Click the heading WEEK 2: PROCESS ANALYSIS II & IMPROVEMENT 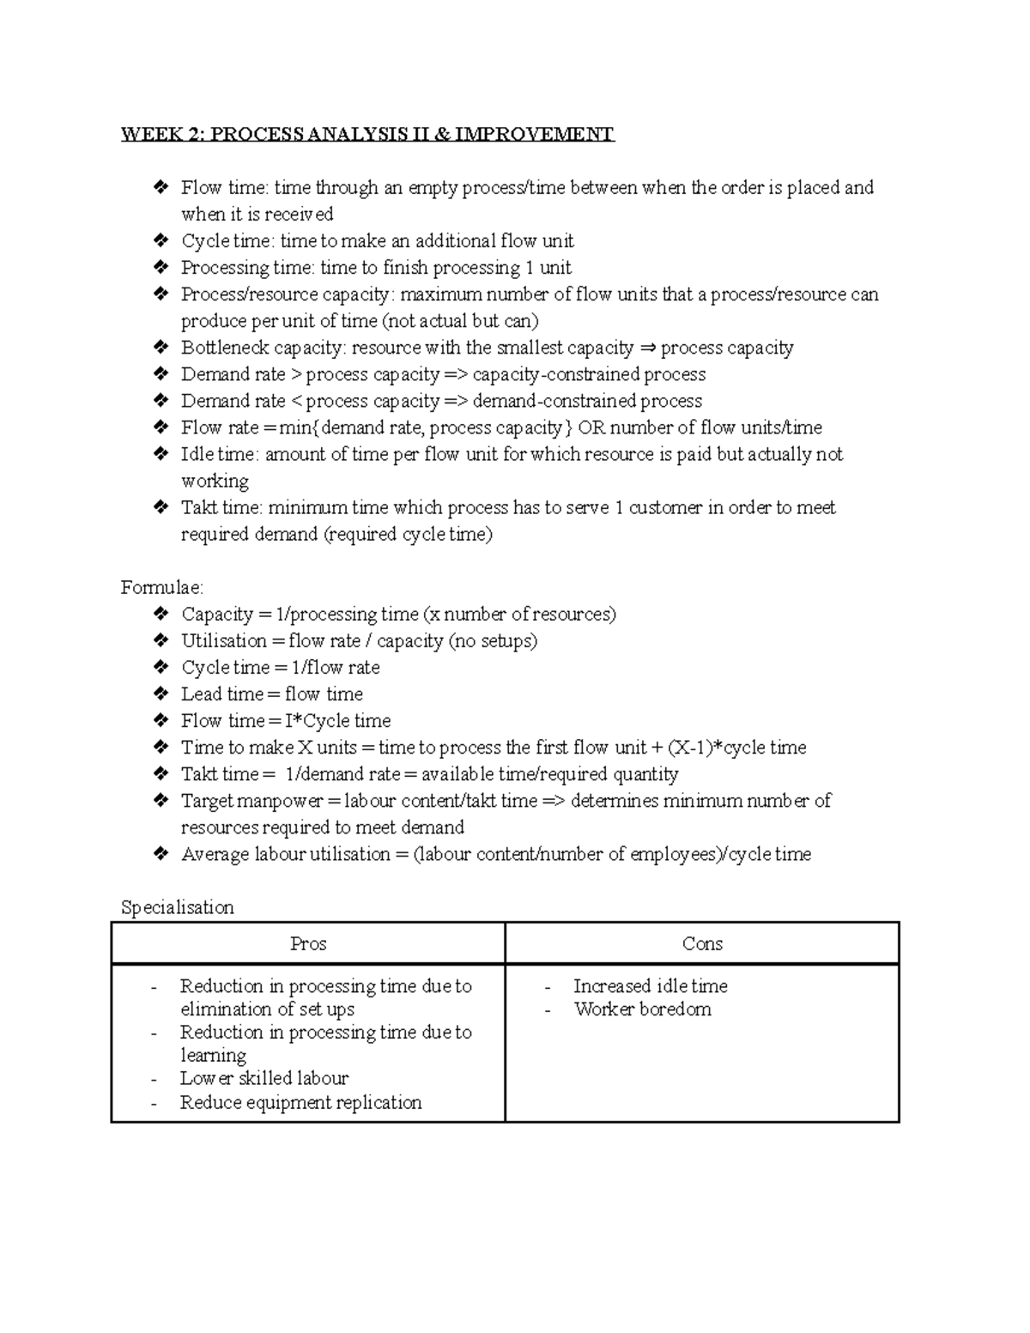(x=367, y=134)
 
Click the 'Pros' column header (x=307, y=943)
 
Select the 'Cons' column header (x=702, y=943)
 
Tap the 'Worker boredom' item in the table (x=642, y=1009)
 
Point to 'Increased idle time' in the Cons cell (x=650, y=986)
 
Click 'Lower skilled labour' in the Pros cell (x=264, y=1078)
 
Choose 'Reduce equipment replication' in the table (x=300, y=1102)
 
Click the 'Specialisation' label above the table (x=177, y=907)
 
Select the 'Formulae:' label (x=162, y=588)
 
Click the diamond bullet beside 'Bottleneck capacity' (x=160, y=348)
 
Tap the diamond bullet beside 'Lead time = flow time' (x=160, y=694)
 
